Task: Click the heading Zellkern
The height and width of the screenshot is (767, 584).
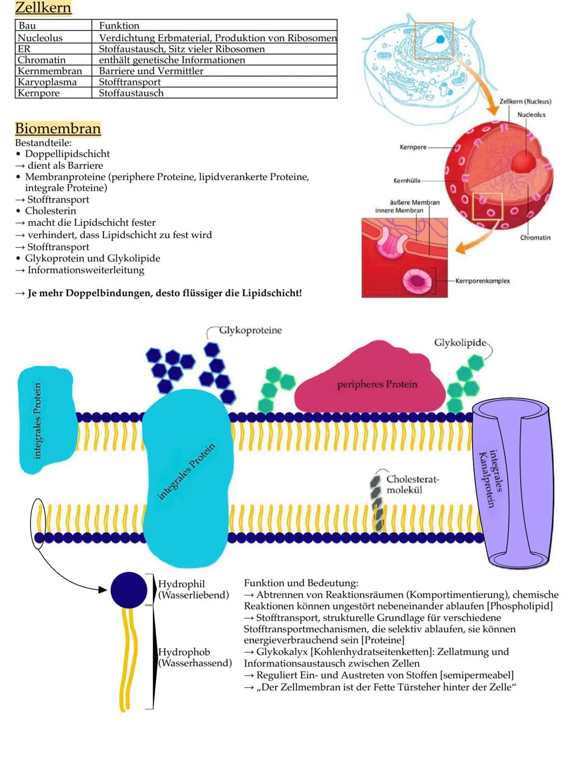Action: (43, 8)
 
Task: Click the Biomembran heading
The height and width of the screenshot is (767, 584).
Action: (58, 129)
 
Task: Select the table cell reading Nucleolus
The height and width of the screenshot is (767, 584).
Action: (40, 38)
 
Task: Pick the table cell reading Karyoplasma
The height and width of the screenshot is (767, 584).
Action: (47, 82)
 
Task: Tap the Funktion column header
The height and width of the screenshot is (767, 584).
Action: (119, 25)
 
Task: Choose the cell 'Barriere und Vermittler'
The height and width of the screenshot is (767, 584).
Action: (151, 71)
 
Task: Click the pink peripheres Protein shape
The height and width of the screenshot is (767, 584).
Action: (373, 382)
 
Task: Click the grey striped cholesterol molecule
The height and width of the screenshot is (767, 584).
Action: (377, 501)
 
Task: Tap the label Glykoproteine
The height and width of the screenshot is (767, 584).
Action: (250, 330)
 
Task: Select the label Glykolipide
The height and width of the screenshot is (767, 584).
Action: (460, 343)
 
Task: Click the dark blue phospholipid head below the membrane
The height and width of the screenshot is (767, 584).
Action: (129, 590)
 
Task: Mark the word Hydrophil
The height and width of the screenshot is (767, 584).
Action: (182, 584)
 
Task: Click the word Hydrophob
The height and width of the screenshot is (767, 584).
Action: (184, 652)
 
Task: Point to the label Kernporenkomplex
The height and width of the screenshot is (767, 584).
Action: (482, 281)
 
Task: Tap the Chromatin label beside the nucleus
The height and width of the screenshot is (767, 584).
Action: (535, 238)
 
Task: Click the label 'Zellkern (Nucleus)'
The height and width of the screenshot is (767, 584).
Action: (525, 101)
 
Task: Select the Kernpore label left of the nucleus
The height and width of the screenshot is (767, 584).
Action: (413, 147)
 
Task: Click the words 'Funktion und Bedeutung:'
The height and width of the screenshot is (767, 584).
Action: (301, 583)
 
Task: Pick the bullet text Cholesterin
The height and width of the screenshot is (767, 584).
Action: (50, 211)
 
